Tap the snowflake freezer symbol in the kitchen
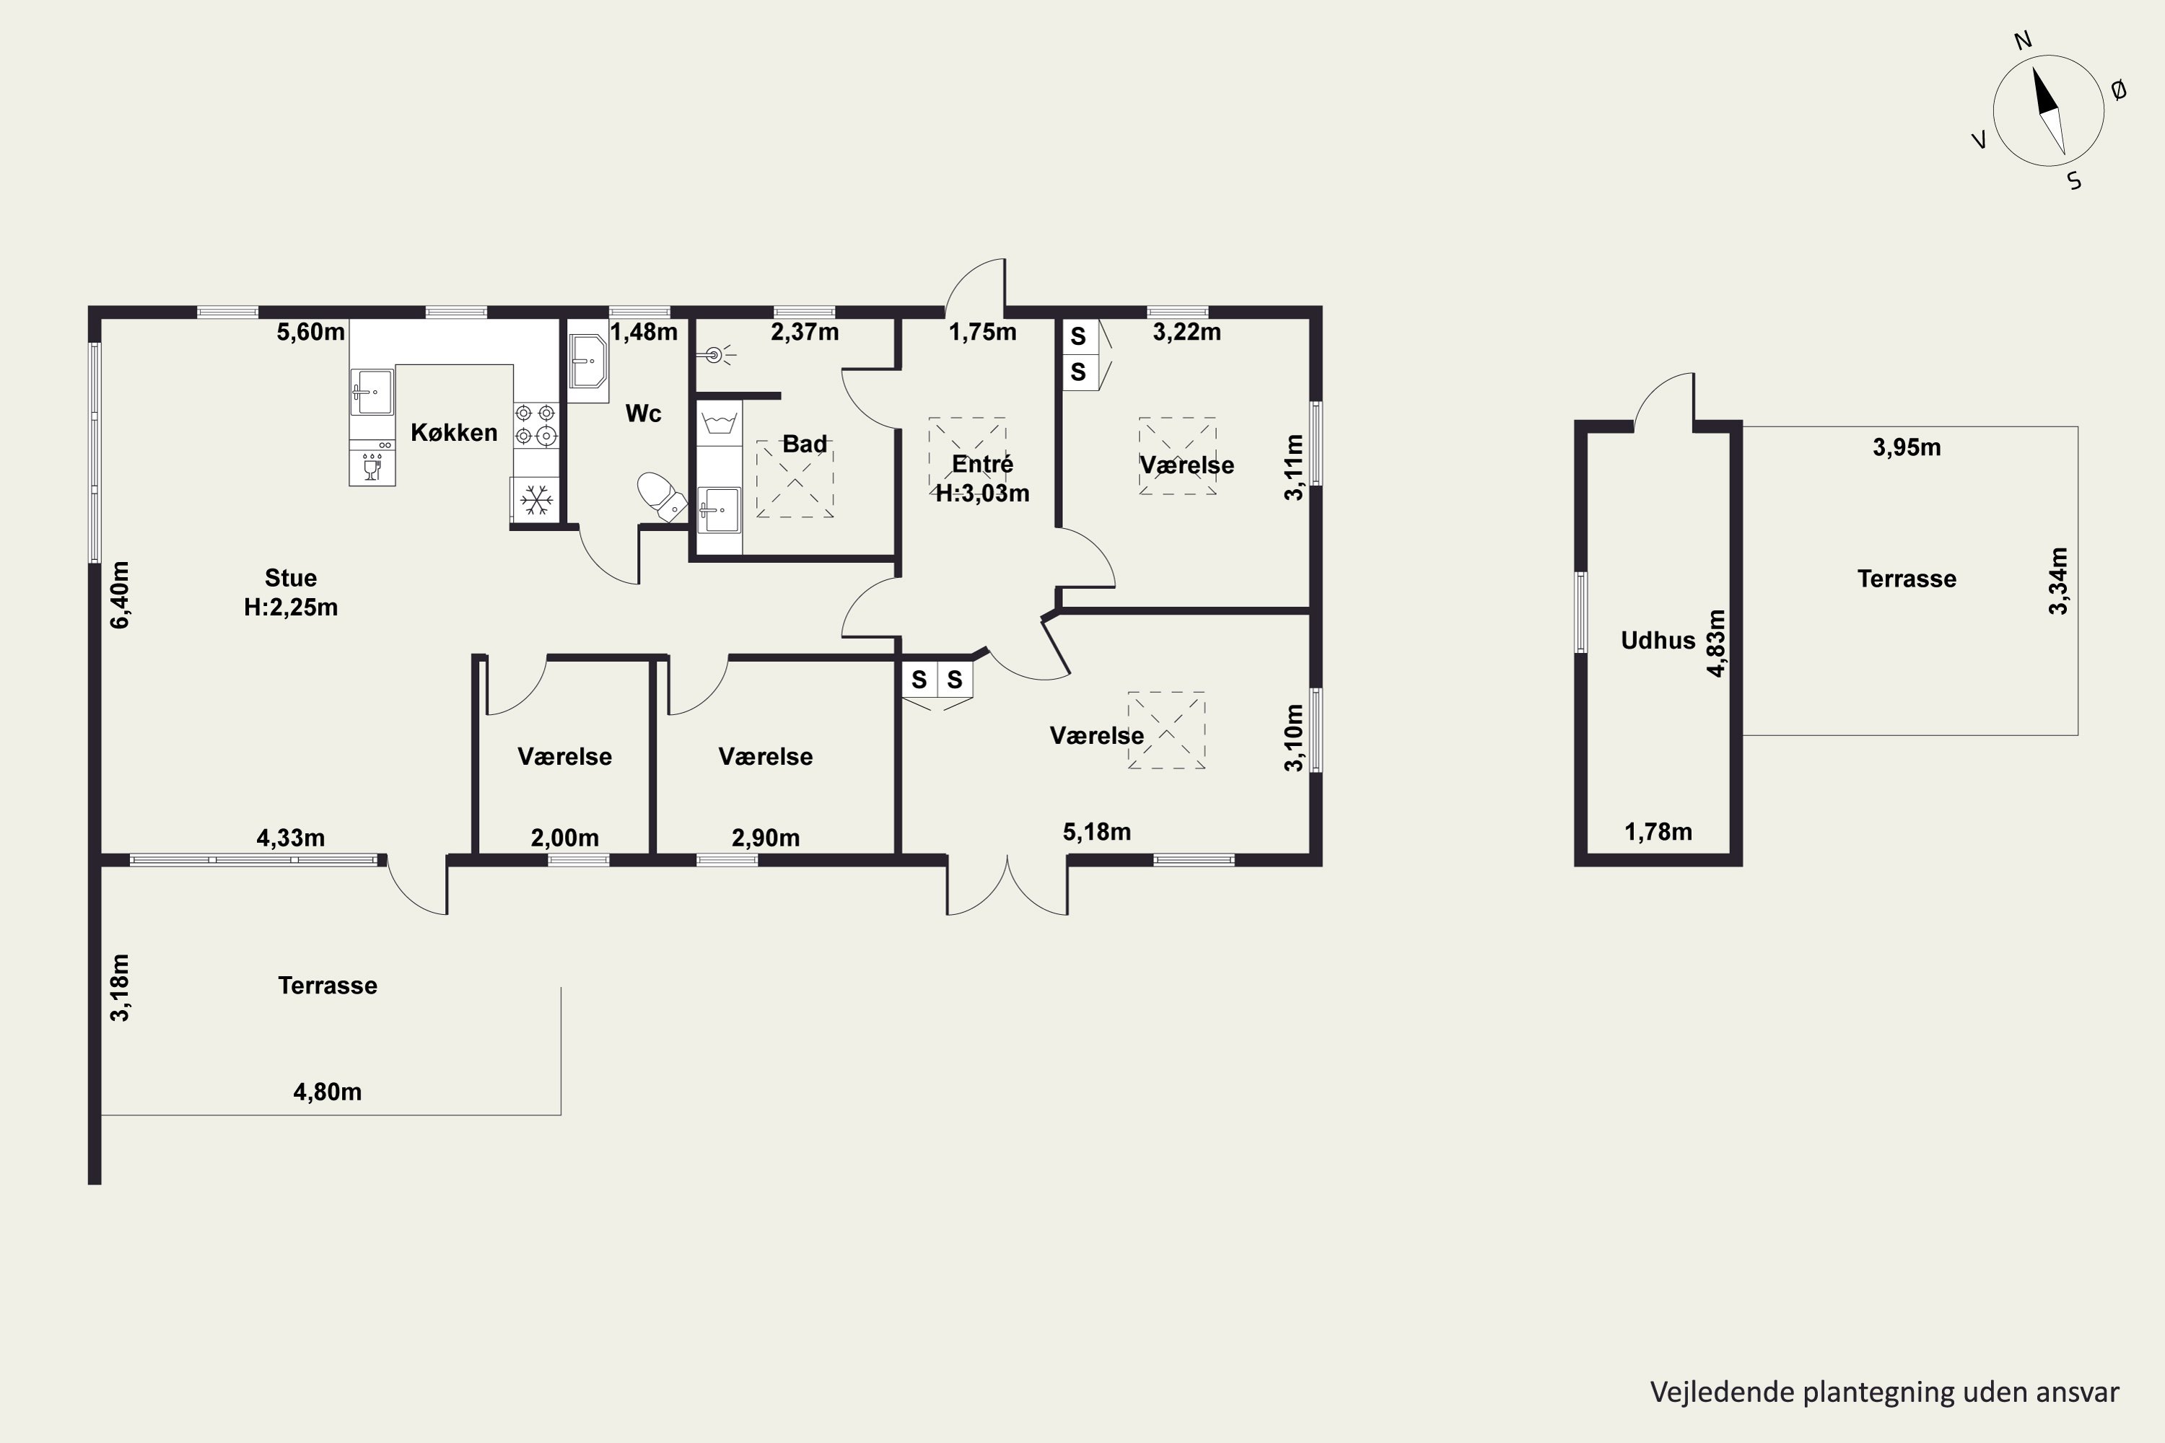535,501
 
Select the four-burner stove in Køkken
535,425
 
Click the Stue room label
291,578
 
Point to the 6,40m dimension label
120,595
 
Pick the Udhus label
1658,641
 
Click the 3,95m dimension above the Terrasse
1907,447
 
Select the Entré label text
982,463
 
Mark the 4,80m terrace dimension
327,1092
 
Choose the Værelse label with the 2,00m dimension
564,756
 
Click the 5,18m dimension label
1096,832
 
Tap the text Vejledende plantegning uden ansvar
1884,1392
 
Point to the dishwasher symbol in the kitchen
372,463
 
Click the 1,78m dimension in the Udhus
1658,832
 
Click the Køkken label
454,432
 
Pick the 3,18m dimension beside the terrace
120,988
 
